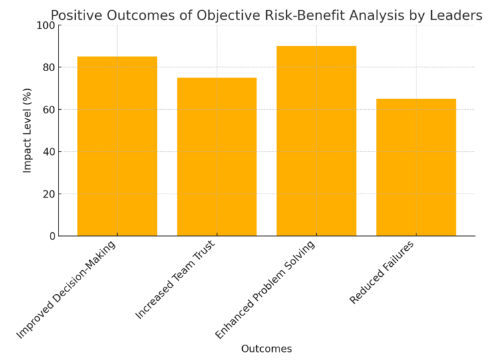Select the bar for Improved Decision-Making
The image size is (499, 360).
117,146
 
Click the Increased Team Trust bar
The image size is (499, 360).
216,156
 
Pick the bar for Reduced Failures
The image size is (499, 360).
416,167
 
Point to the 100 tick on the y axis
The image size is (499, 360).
47,25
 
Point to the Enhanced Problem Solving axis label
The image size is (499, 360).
265,289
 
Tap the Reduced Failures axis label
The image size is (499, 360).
382,272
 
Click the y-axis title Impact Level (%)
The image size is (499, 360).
27,130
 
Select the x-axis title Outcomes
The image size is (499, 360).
266,349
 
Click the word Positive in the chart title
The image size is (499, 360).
75,15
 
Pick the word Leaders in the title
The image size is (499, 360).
458,15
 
